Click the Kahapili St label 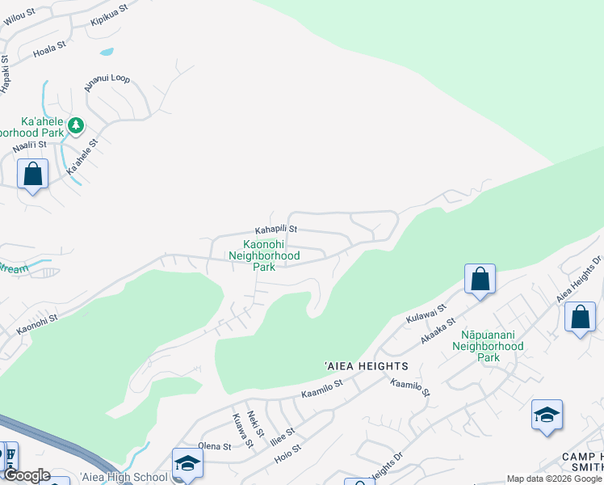click(277, 230)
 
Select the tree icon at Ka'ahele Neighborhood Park click(76, 125)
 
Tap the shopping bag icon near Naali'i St click(32, 174)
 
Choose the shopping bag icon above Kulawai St click(480, 280)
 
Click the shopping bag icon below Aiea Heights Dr click(580, 317)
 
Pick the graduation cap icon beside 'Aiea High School click(187, 463)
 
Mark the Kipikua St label click(109, 15)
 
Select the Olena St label click(215, 445)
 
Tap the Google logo click(27, 475)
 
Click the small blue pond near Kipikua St click(107, 53)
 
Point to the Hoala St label click(48, 52)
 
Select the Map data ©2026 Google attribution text click(555, 479)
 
